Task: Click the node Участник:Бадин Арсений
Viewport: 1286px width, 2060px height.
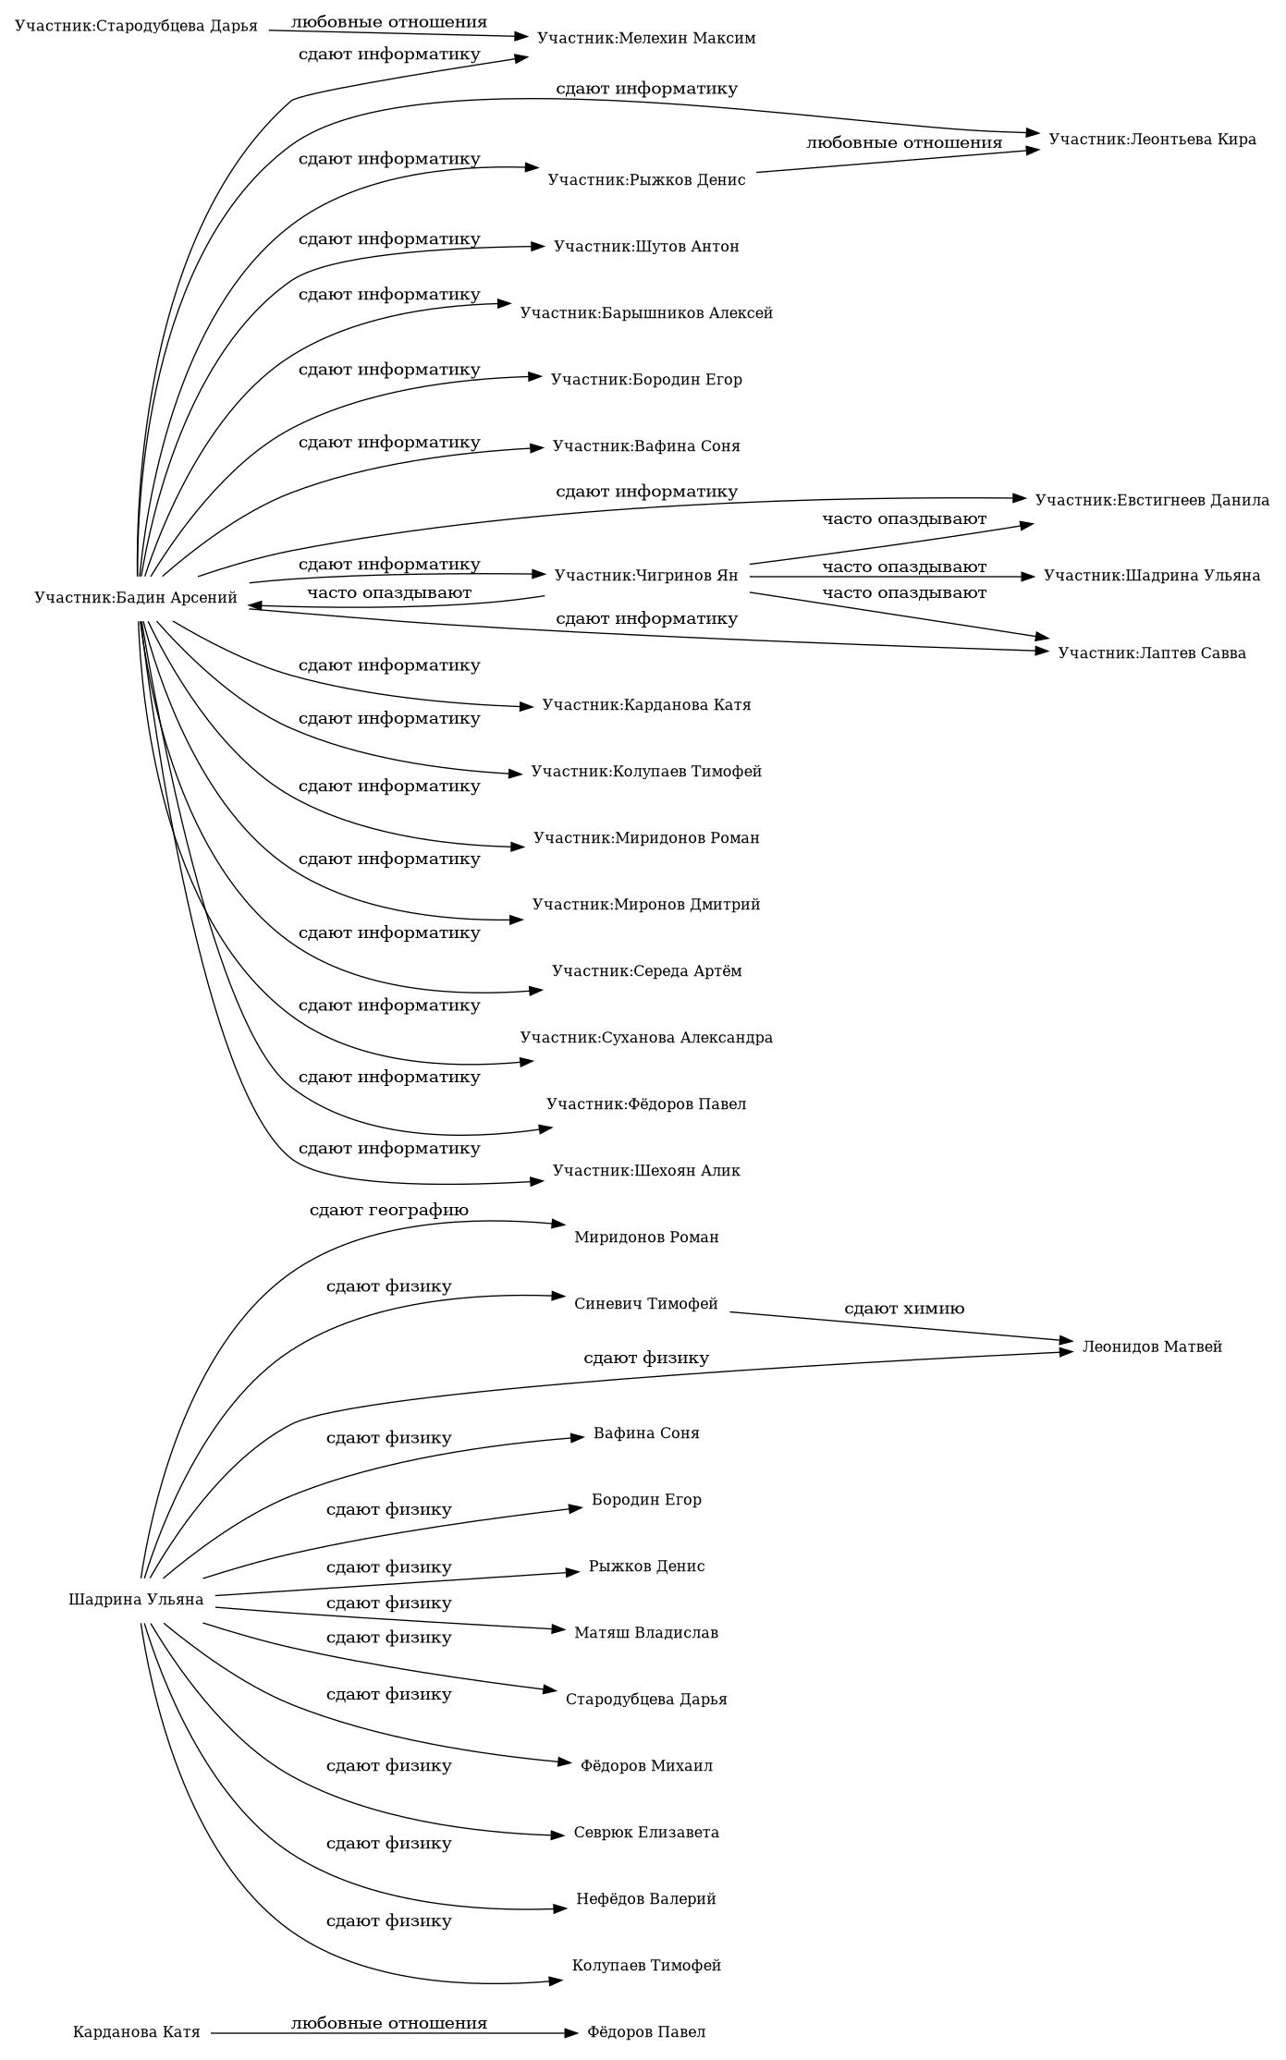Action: [x=136, y=598]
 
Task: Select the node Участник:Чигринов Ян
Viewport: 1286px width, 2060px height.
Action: [x=645, y=576]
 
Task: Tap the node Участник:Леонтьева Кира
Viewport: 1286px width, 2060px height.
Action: [x=1151, y=140]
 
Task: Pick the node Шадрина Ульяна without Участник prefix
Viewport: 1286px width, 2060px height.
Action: [x=136, y=1600]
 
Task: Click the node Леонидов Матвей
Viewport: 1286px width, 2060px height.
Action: [x=1151, y=1347]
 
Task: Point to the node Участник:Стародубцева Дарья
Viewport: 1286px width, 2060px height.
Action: [x=136, y=25]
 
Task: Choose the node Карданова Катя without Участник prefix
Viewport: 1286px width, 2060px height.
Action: [x=136, y=2032]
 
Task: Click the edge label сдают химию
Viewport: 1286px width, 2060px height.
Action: [x=903, y=1309]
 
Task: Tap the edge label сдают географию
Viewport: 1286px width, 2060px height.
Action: [x=388, y=1210]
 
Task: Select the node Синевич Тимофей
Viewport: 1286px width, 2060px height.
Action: [x=645, y=1304]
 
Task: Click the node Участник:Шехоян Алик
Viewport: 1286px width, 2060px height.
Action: [x=645, y=1171]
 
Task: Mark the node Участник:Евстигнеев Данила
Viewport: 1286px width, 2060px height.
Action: [x=1151, y=500]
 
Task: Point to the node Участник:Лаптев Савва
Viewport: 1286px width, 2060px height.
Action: [x=1151, y=653]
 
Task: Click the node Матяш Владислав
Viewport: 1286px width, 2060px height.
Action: [x=645, y=1633]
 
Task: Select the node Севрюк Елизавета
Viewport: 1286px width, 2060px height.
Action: [x=645, y=1833]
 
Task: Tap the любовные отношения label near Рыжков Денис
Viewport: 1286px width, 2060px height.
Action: [x=903, y=143]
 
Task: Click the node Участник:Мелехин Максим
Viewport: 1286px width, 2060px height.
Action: [x=645, y=38]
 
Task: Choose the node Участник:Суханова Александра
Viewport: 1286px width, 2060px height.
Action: [x=645, y=1038]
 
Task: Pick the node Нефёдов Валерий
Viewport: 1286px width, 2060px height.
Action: [x=645, y=1899]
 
